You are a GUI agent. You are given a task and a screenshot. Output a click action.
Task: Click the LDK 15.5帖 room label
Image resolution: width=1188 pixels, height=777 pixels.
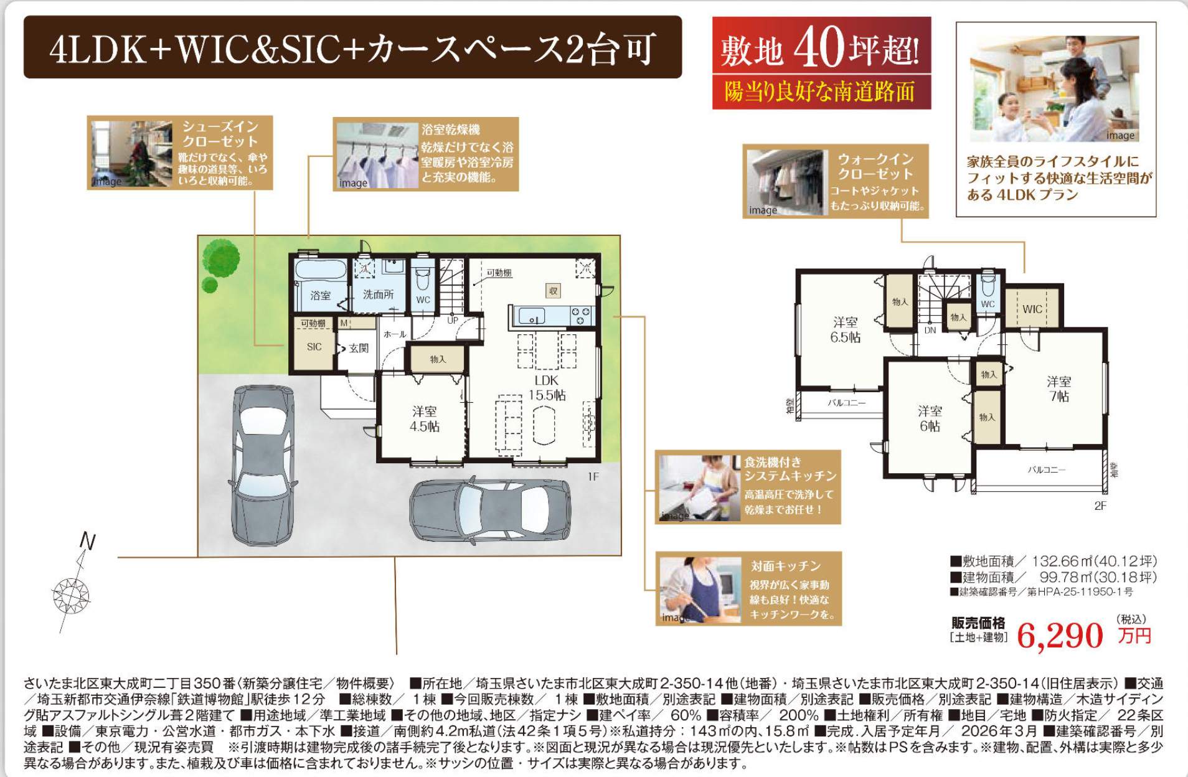tap(547, 387)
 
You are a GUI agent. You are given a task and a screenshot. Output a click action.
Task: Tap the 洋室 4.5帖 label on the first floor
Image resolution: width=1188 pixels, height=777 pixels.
tap(424, 419)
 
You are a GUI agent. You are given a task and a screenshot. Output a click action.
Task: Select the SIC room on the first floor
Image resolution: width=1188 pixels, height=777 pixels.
tap(314, 347)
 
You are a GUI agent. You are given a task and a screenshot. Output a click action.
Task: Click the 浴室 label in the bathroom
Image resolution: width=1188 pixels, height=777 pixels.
tap(320, 295)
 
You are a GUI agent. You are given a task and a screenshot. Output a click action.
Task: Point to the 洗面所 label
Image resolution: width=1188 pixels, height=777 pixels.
tap(379, 294)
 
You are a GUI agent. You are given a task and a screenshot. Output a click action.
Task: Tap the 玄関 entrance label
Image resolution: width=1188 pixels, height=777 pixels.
tap(359, 348)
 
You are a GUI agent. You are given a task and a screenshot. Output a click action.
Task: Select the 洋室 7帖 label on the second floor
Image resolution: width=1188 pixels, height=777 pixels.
tap(1059, 388)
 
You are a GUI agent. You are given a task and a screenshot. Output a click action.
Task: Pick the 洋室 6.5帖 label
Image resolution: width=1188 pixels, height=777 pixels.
tap(845, 329)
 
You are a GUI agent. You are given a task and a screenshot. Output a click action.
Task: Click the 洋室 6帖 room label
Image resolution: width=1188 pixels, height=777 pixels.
tap(930, 418)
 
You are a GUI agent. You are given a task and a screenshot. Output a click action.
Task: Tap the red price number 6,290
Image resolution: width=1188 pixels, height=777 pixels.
tap(1060, 635)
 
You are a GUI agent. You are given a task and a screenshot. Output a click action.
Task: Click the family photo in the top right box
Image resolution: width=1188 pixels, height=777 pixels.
tap(1054, 88)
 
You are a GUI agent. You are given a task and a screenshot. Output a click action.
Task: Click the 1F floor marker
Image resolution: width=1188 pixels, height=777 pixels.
tap(593, 477)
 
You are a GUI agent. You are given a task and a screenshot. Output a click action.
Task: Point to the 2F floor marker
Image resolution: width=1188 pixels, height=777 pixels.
tap(1100, 506)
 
